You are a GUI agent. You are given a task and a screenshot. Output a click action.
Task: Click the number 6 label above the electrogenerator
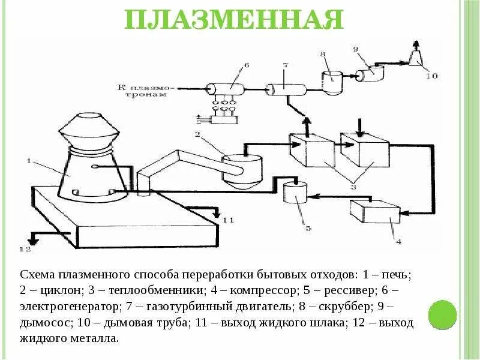pos(246,65)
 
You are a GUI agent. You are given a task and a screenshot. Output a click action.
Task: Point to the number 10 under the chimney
pos(431,76)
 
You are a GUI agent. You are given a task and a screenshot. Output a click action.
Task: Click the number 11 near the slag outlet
pos(228,220)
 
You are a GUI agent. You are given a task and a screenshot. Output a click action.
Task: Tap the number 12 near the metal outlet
pos(25,248)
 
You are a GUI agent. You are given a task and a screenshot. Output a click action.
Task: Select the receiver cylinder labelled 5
pos(294,195)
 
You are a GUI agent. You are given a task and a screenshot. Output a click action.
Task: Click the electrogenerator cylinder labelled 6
pos(227,89)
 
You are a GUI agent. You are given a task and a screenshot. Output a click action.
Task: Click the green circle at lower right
pos(442,313)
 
